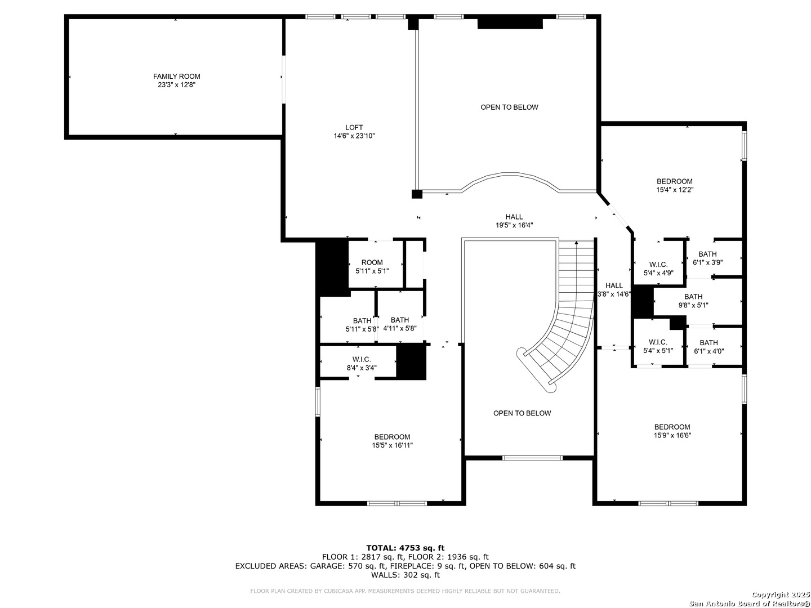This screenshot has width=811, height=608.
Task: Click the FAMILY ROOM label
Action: click(x=177, y=77)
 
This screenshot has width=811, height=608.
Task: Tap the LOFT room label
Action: click(x=354, y=127)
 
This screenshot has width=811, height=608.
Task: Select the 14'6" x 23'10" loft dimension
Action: click(x=354, y=136)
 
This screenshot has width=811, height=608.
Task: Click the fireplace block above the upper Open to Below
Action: click(x=510, y=24)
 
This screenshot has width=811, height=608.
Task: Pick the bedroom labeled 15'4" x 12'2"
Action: click(x=674, y=185)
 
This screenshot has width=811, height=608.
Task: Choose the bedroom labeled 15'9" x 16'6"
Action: click(x=672, y=431)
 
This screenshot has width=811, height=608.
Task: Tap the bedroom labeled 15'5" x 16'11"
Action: click(x=392, y=441)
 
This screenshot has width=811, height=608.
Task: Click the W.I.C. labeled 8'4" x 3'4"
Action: click(x=362, y=363)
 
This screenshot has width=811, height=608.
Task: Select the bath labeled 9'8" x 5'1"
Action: click(x=693, y=301)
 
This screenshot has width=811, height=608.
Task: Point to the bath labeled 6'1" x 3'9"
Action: click(x=707, y=258)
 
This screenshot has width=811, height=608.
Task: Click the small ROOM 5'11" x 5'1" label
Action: click(x=372, y=266)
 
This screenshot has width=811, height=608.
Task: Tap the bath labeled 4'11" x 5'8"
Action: click(x=400, y=324)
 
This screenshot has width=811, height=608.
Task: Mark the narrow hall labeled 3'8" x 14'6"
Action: click(x=614, y=290)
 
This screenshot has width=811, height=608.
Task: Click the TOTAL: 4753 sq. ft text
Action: click(x=405, y=548)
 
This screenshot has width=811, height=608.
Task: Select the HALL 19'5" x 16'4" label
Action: click(x=514, y=221)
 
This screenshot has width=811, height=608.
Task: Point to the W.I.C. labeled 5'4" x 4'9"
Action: click(x=658, y=269)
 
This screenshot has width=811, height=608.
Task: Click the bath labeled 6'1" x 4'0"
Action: click(x=708, y=347)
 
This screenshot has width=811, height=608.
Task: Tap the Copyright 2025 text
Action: click(x=781, y=594)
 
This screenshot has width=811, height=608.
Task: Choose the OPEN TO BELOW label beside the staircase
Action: click(x=522, y=413)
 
